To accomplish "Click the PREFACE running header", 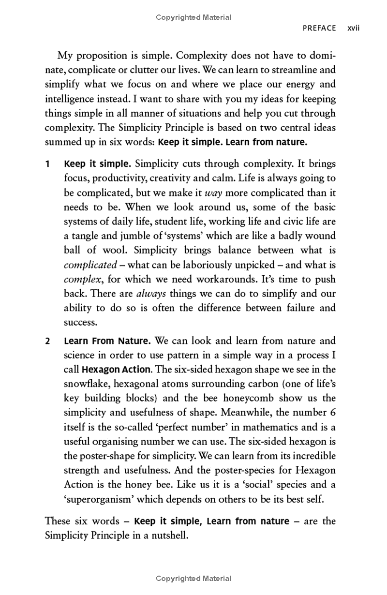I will (319, 28).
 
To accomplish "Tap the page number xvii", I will (354, 28).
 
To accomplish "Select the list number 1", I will (47, 164).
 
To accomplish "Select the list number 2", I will (47, 341).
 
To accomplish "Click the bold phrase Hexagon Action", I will (116, 370).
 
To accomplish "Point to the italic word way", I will (213, 193).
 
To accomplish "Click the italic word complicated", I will (90, 265).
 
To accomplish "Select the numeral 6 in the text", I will (332, 413).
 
